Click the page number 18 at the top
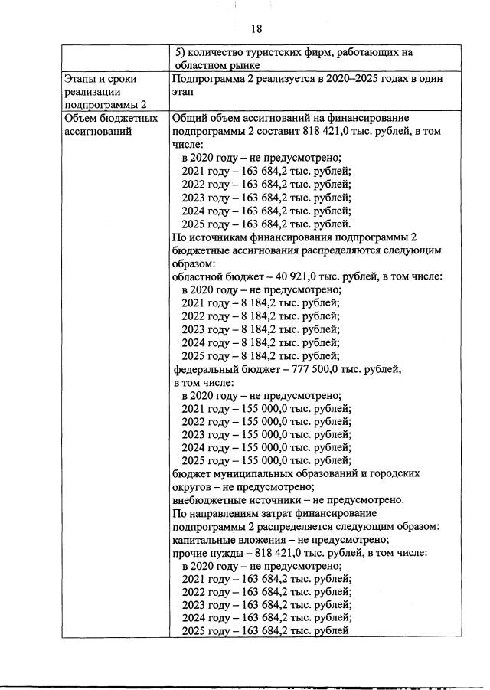[256, 28]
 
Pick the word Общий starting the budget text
[191, 119]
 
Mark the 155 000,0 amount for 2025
[276, 460]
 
